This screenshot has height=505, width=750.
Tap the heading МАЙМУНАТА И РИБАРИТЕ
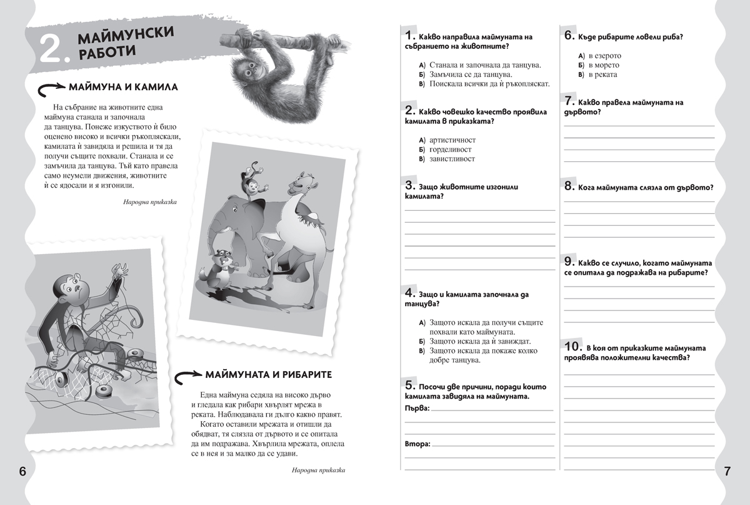pyautogui.click(x=268, y=374)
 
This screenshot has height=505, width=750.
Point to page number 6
pyautogui.click(x=22, y=471)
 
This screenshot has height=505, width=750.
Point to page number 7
pyautogui.click(x=727, y=471)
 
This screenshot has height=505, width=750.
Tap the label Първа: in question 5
pyautogui.click(x=417, y=408)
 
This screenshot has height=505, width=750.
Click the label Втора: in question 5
pyautogui.click(x=417, y=444)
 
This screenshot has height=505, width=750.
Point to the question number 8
pyautogui.click(x=569, y=186)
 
